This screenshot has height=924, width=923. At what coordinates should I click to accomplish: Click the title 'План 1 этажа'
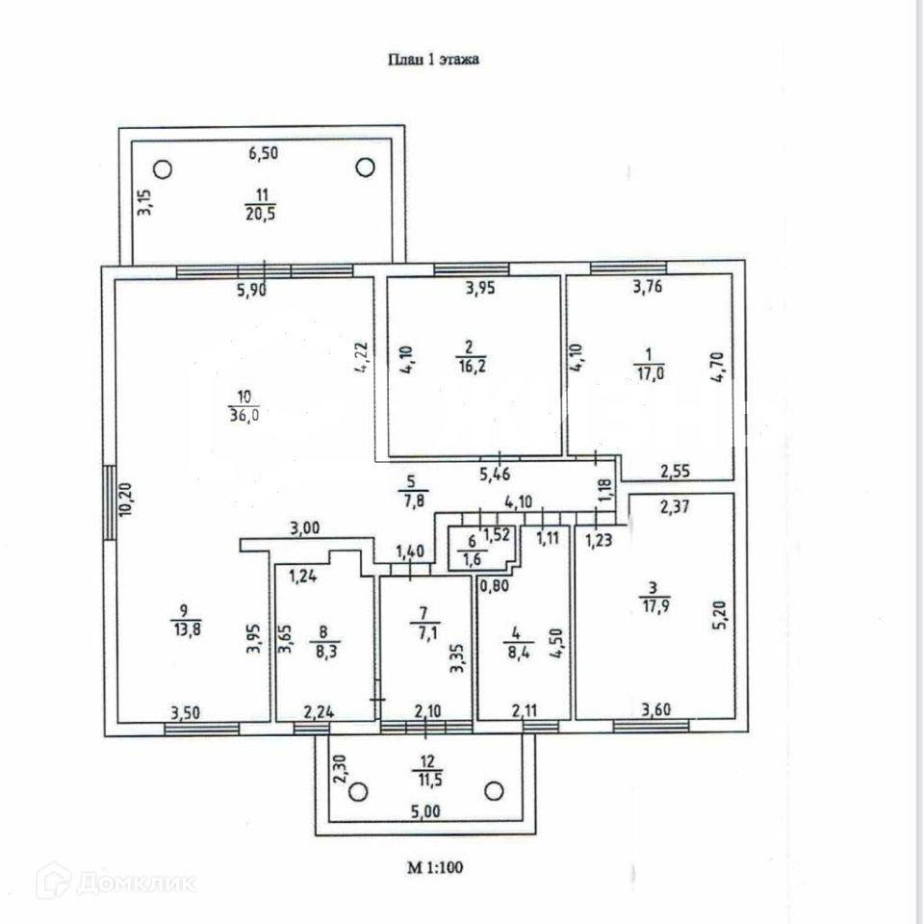point(432,60)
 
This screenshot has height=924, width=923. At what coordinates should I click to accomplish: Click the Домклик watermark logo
point(115,881)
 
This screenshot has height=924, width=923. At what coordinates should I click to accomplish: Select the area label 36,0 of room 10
point(244,415)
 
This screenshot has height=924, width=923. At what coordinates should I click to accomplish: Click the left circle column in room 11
point(163,169)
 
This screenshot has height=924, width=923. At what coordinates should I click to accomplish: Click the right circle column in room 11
point(365,167)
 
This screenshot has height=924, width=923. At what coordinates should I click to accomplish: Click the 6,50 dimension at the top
point(263,153)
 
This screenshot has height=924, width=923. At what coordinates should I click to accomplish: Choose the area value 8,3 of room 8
point(323,650)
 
